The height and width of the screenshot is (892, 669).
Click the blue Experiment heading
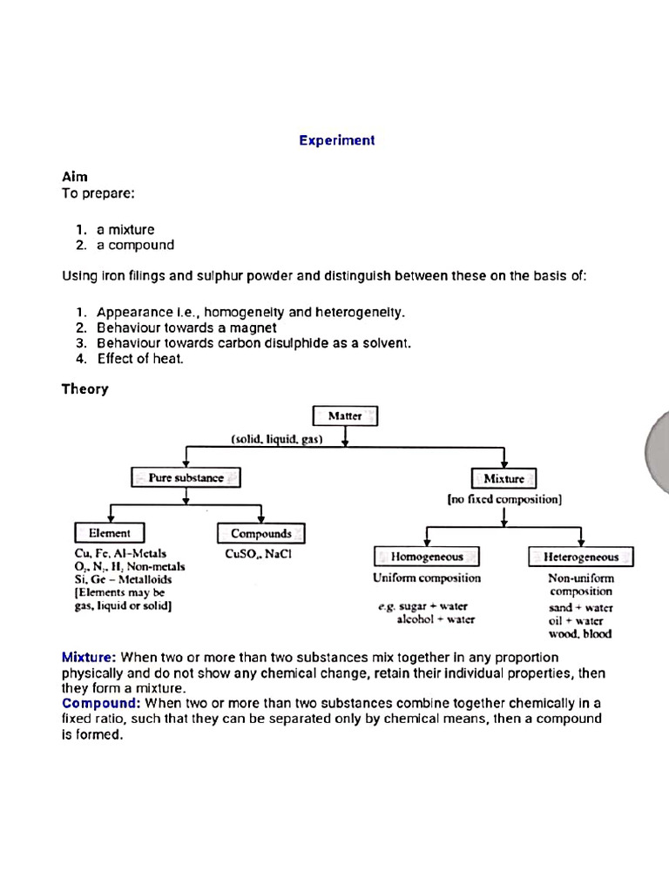pos(336,140)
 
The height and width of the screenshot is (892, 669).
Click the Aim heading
pos(74,176)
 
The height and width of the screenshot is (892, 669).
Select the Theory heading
pos(84,389)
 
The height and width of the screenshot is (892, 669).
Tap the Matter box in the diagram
pos(345,416)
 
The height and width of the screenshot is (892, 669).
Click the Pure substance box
pos(186,477)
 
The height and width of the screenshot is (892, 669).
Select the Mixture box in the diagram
pos(503,478)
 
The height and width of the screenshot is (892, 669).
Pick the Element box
pos(110,532)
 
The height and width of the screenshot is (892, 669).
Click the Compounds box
pos(260,533)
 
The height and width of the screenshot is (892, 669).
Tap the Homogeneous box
pos(426,556)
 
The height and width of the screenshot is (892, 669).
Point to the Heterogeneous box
pos(580,557)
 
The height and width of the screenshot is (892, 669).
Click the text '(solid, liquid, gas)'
pos(277,439)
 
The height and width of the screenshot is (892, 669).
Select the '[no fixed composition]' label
pos(504,500)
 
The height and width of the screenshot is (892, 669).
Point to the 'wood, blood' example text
pos(580,634)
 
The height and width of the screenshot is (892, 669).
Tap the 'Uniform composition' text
pos(426,578)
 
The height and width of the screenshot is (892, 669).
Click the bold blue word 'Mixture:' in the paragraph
pos(89,657)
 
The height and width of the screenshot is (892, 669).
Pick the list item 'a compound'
pos(135,245)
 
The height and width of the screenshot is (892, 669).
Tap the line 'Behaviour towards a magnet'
pos(186,328)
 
